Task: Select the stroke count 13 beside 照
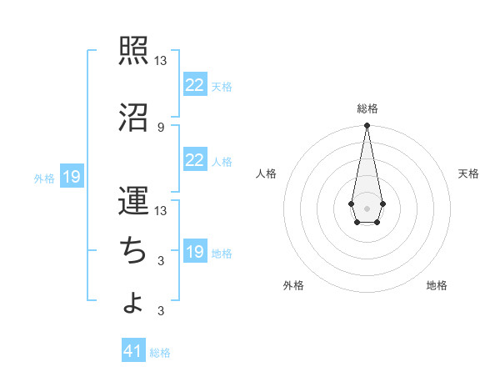tap(161, 61)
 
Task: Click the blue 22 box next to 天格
tap(194, 85)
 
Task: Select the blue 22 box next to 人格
tap(194, 160)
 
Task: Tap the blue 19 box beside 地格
tap(194, 252)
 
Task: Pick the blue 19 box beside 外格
tap(71, 177)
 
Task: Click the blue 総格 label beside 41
tap(160, 353)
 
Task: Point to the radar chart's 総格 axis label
tap(367, 108)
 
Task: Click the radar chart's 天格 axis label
tap(469, 173)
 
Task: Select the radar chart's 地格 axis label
tap(437, 285)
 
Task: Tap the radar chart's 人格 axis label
tap(267, 173)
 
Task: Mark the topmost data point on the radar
tap(367, 126)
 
